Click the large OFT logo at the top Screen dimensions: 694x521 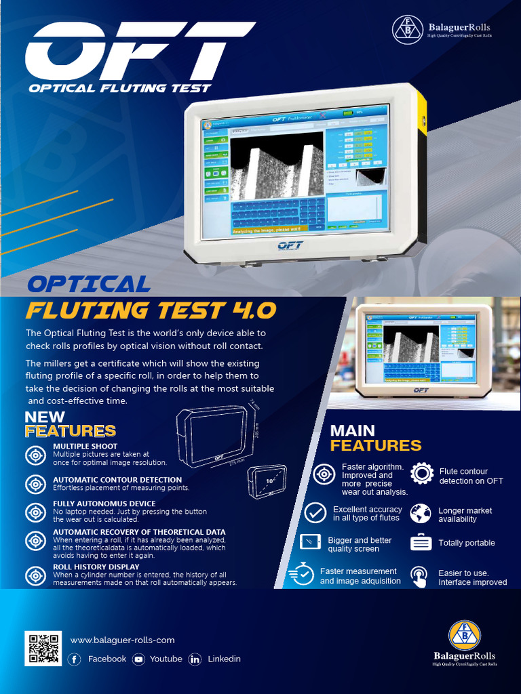(x=139, y=51)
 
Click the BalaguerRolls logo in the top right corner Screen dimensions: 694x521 (x=442, y=29)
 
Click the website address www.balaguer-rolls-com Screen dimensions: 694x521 (x=122, y=640)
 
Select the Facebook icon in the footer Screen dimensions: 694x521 (x=75, y=659)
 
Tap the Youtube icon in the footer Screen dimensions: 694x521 (x=138, y=659)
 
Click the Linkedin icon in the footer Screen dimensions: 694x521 (x=195, y=659)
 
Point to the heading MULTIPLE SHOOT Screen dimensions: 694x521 (x=85, y=447)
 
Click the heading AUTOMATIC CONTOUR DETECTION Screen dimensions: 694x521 (x=117, y=480)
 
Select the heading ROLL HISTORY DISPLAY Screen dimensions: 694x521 (x=96, y=567)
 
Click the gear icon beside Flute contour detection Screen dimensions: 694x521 (x=422, y=473)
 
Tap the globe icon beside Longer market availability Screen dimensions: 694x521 (x=421, y=513)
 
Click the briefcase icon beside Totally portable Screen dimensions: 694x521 (x=421, y=543)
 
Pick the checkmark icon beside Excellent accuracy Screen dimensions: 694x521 (x=315, y=513)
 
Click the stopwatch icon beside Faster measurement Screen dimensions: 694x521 (x=302, y=575)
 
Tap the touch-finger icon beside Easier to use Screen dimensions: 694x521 (x=419, y=576)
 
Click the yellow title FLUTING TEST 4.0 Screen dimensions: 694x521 (x=151, y=310)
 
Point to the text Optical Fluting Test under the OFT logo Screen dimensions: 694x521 (x=119, y=88)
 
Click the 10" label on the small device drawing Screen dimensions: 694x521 (x=269, y=481)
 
